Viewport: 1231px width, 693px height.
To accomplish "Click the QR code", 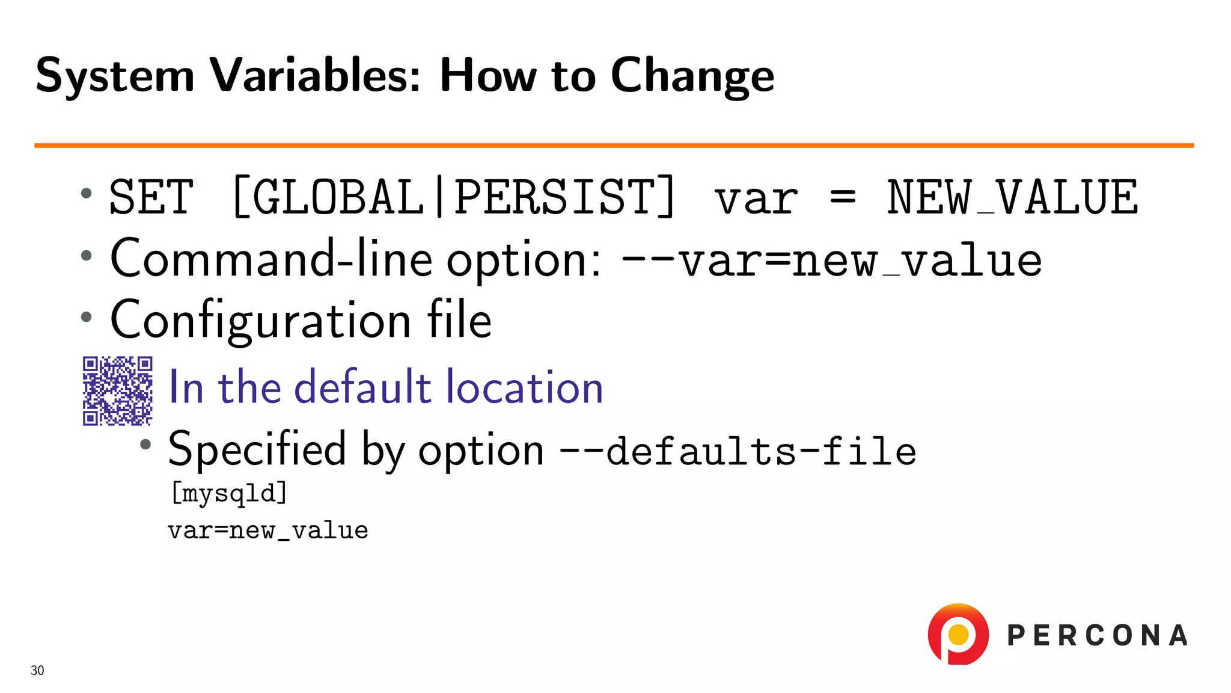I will pyautogui.click(x=117, y=390).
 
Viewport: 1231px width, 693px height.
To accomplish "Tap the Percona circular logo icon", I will pyautogui.click(x=958, y=634).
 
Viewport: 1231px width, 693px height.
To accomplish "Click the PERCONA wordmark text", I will pyautogui.click(x=1097, y=636).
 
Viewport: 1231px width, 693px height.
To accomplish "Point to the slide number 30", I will pyautogui.click(x=37, y=671).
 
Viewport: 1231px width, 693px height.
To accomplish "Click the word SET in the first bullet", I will pyautogui.click(x=151, y=197).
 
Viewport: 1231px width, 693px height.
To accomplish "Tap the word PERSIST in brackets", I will pyautogui.click(x=554, y=197).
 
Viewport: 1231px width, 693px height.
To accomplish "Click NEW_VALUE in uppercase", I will pyautogui.click(x=1012, y=197).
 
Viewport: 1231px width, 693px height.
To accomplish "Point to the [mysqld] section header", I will pyautogui.click(x=229, y=493).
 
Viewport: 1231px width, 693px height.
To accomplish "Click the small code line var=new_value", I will pyautogui.click(x=268, y=531).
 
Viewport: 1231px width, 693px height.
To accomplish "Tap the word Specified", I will pyautogui.click(x=257, y=450).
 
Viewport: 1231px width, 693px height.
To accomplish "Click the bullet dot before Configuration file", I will pyautogui.click(x=87, y=317).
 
